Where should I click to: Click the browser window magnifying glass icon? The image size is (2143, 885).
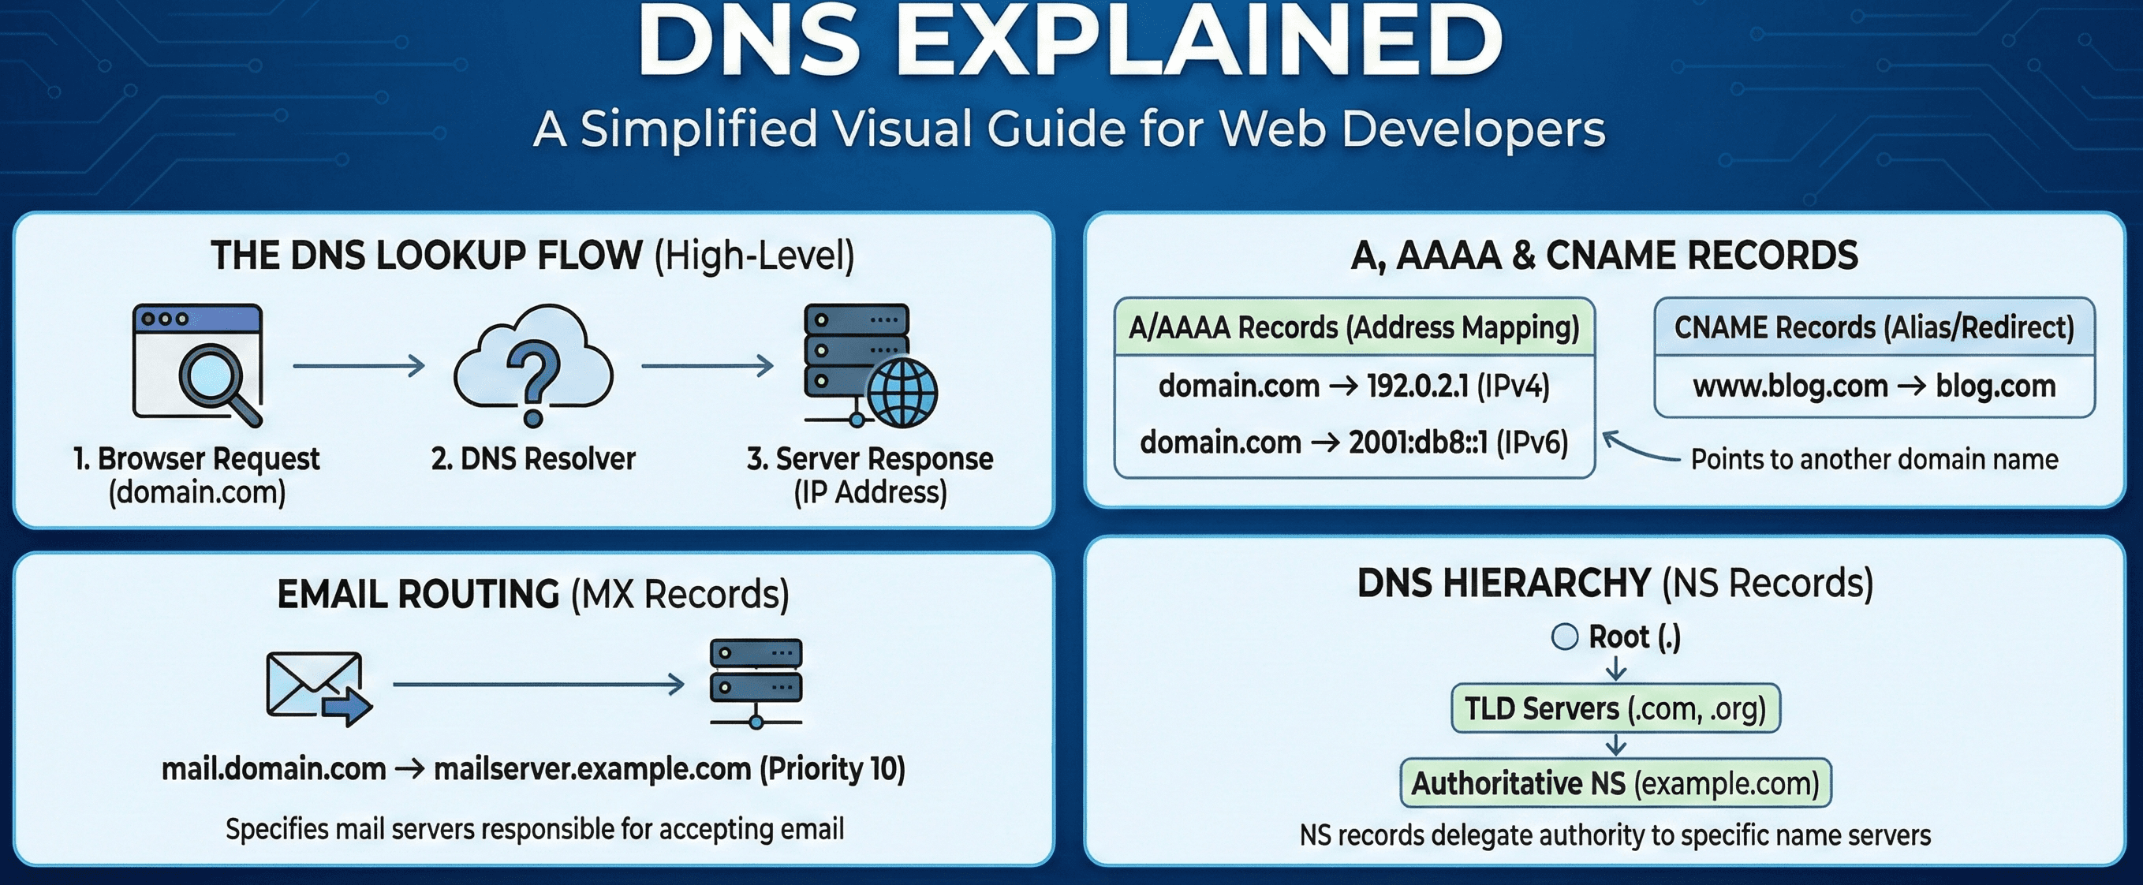pyautogui.click(x=198, y=363)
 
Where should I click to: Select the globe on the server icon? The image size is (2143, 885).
pyautogui.click(x=902, y=393)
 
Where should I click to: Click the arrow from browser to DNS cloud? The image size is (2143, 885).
pyautogui.click(x=359, y=365)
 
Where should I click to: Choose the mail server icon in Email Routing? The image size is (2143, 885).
pyautogui.click(x=756, y=682)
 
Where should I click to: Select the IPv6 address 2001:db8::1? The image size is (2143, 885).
pyautogui.click(x=1417, y=442)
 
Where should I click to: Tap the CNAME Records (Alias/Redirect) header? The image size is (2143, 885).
pyautogui.click(x=1873, y=327)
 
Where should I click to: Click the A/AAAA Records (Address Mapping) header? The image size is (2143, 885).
pyautogui.click(x=1353, y=327)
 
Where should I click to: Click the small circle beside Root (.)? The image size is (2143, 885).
pyautogui.click(x=1564, y=637)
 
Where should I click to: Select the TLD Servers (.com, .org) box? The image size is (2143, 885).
pyautogui.click(x=1615, y=708)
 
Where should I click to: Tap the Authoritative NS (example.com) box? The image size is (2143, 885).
pyautogui.click(x=1615, y=783)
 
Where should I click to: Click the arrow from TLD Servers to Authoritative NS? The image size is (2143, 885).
pyautogui.click(x=1615, y=745)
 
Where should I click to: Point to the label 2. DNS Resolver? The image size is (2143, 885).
pyautogui.click(x=533, y=458)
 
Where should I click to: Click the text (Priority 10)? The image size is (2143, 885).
pyautogui.click(x=832, y=768)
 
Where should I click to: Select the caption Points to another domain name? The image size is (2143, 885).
pyautogui.click(x=1874, y=459)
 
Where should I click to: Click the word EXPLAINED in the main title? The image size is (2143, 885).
pyautogui.click(x=1198, y=42)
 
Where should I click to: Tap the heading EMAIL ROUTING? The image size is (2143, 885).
pyautogui.click(x=419, y=594)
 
